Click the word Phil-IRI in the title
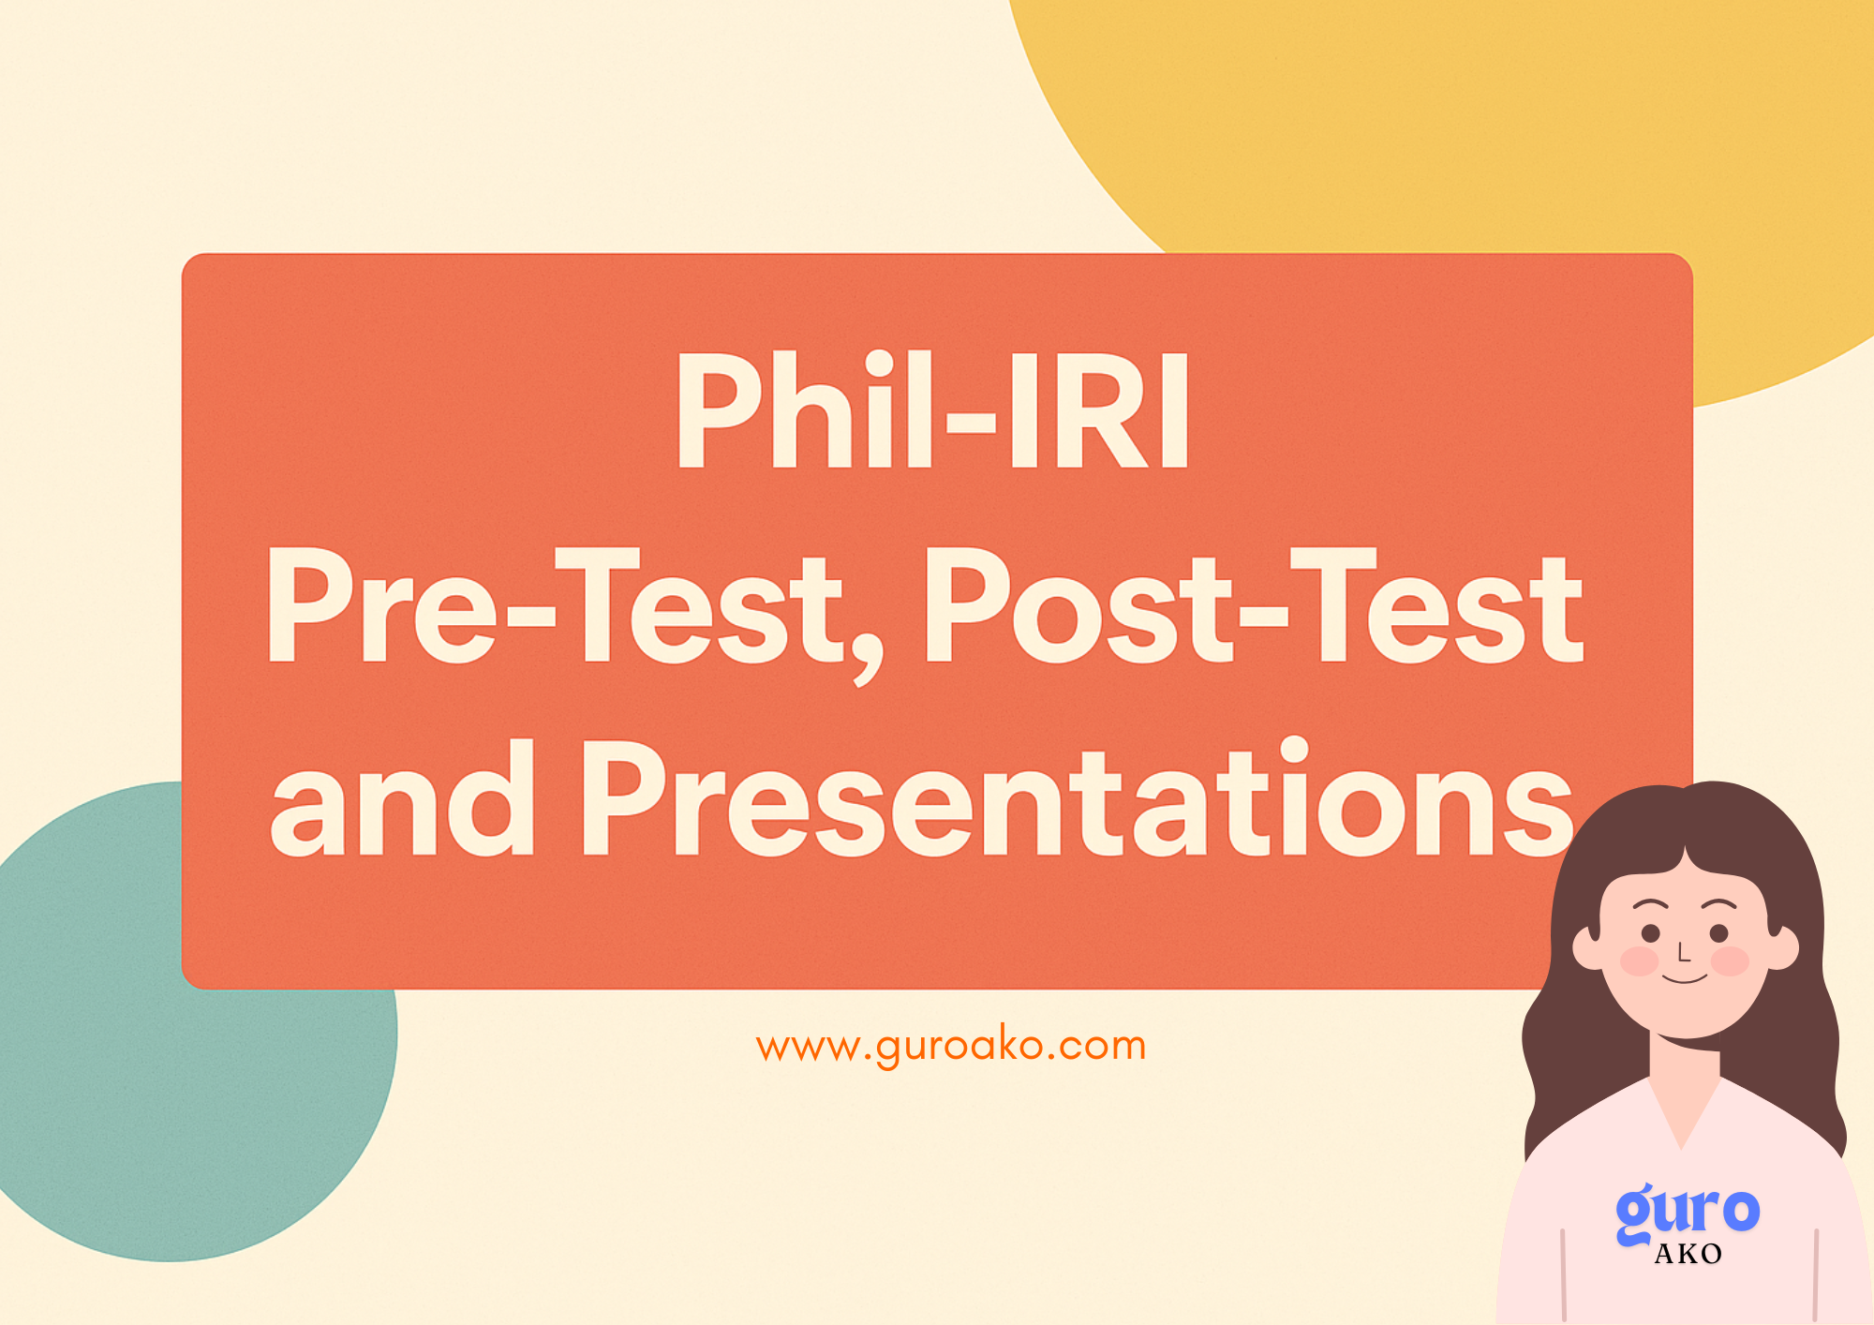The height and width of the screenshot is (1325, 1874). [x=932, y=410]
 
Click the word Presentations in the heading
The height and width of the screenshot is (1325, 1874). [x=1078, y=797]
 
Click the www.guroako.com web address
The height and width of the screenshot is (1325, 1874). [x=951, y=1046]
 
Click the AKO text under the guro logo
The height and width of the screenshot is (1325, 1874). [x=1688, y=1254]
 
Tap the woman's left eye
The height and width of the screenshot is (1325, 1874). [x=1651, y=933]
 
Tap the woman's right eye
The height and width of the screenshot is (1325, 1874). [x=1719, y=933]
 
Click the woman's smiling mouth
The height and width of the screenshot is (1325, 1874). [x=1685, y=979]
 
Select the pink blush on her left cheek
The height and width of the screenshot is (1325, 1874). [x=1640, y=961]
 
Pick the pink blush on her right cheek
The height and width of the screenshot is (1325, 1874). [x=1730, y=961]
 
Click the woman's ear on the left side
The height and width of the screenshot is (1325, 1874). [x=1589, y=946]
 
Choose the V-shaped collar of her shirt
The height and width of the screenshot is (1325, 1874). [x=1684, y=1110]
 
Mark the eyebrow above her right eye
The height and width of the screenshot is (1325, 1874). [x=1718, y=905]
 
